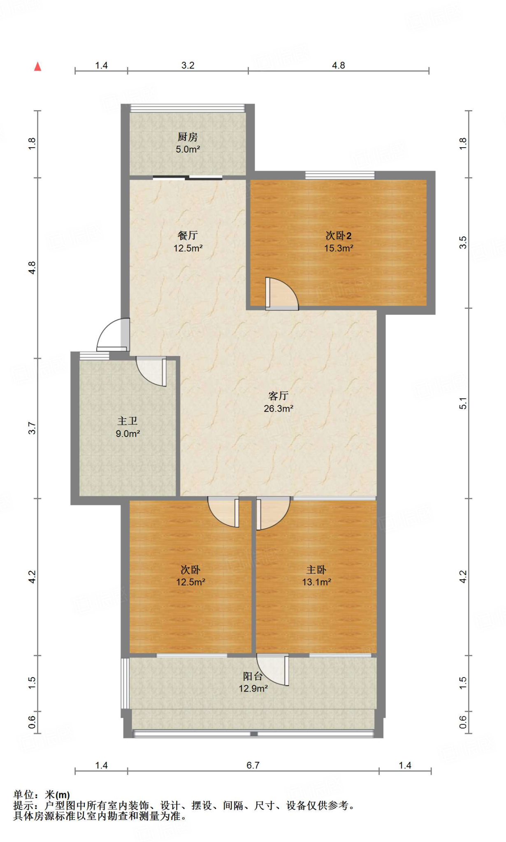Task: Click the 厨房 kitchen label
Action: (188, 143)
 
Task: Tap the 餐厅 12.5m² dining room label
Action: (188, 242)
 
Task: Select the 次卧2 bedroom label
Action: (339, 242)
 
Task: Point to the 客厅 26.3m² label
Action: (279, 402)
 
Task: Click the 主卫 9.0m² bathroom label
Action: (128, 427)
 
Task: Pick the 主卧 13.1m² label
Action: (316, 576)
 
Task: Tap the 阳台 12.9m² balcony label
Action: (253, 682)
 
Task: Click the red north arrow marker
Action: (38, 67)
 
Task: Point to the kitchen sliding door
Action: (188, 178)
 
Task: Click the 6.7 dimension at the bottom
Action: (253, 765)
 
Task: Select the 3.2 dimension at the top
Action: (188, 65)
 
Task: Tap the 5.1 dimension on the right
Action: (463, 403)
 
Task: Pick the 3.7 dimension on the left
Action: (32, 428)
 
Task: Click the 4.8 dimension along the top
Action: (339, 65)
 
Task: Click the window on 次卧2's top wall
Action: (340, 175)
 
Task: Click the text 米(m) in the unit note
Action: (57, 795)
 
